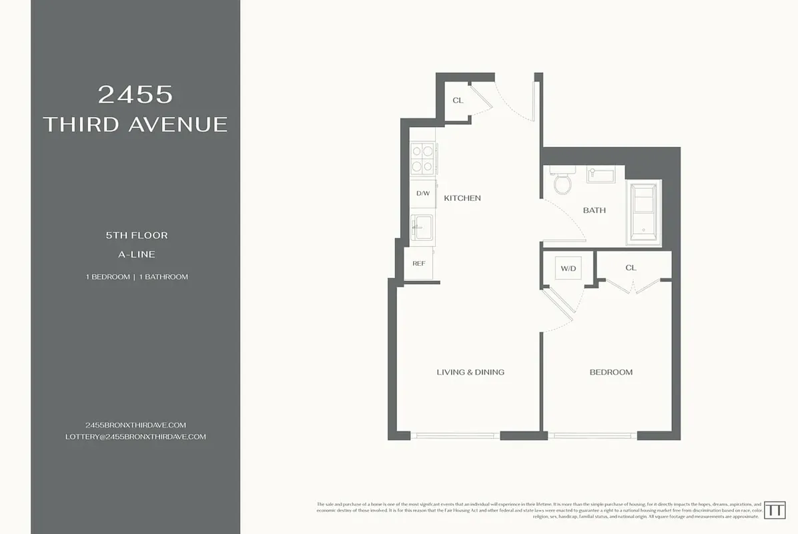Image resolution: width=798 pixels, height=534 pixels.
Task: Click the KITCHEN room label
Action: (x=462, y=198)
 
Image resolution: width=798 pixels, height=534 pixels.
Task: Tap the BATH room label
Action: (x=594, y=210)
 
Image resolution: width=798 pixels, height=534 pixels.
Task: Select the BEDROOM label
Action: (x=611, y=372)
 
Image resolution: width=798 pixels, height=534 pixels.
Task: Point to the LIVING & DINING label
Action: (x=470, y=372)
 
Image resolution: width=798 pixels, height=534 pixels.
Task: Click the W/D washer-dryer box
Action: (x=568, y=268)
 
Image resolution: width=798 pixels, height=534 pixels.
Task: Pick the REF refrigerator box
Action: (x=419, y=264)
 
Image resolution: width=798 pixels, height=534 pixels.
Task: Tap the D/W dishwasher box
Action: (x=422, y=194)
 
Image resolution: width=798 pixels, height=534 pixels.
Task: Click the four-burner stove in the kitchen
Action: (x=422, y=160)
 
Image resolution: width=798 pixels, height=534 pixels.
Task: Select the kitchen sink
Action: (x=422, y=228)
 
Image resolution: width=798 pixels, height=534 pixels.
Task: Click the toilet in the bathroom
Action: (x=562, y=181)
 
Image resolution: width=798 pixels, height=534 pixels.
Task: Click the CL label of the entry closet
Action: (x=458, y=101)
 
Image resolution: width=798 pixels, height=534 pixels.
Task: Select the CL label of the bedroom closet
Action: (x=631, y=268)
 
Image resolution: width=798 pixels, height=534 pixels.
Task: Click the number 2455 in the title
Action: (x=135, y=95)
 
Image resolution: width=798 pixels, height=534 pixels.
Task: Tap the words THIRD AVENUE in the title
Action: (x=135, y=124)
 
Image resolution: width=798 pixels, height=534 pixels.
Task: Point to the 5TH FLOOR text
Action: (x=136, y=236)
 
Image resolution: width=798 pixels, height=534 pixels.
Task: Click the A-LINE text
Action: (x=136, y=254)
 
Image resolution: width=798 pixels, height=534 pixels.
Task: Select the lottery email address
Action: (x=135, y=437)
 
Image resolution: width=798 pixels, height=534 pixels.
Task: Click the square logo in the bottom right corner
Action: (x=774, y=509)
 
